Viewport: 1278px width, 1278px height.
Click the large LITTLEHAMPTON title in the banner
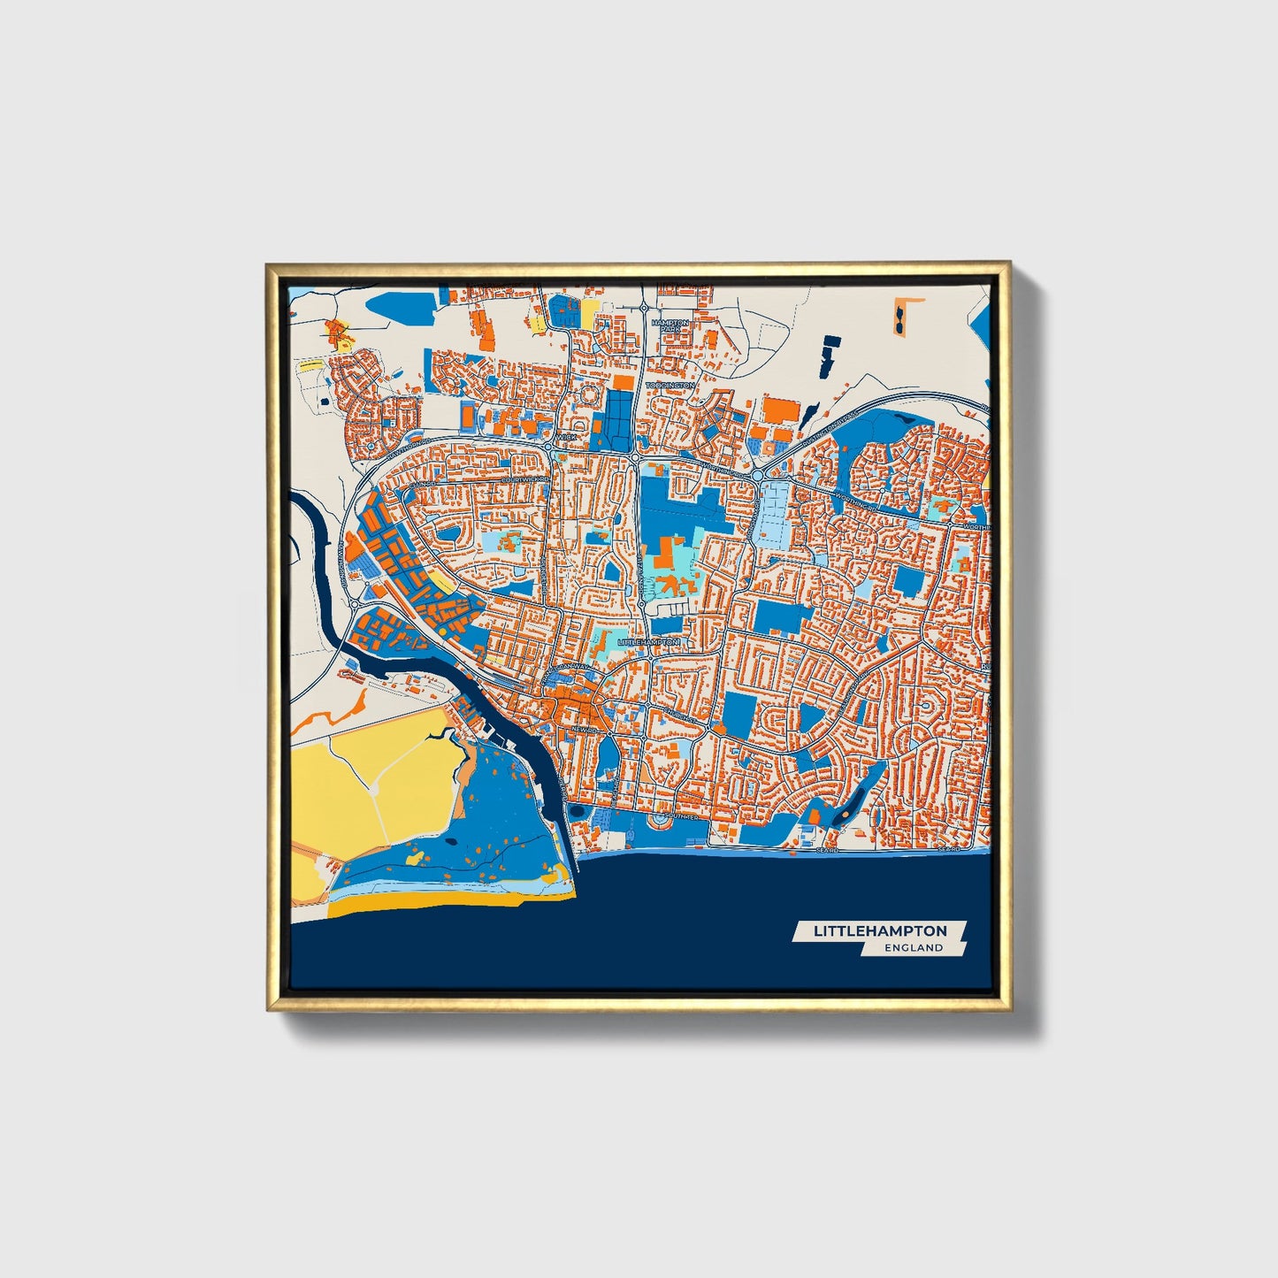click(879, 930)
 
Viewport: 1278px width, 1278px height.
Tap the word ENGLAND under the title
click(914, 948)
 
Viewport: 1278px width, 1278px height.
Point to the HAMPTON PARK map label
click(670, 325)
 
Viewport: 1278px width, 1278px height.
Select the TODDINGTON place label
click(670, 386)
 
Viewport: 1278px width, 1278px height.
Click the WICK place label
click(566, 437)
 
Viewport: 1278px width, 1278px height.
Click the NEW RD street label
click(582, 729)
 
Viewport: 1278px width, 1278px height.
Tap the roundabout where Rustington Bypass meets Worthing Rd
click(758, 476)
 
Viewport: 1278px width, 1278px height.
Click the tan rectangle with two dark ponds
click(900, 317)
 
